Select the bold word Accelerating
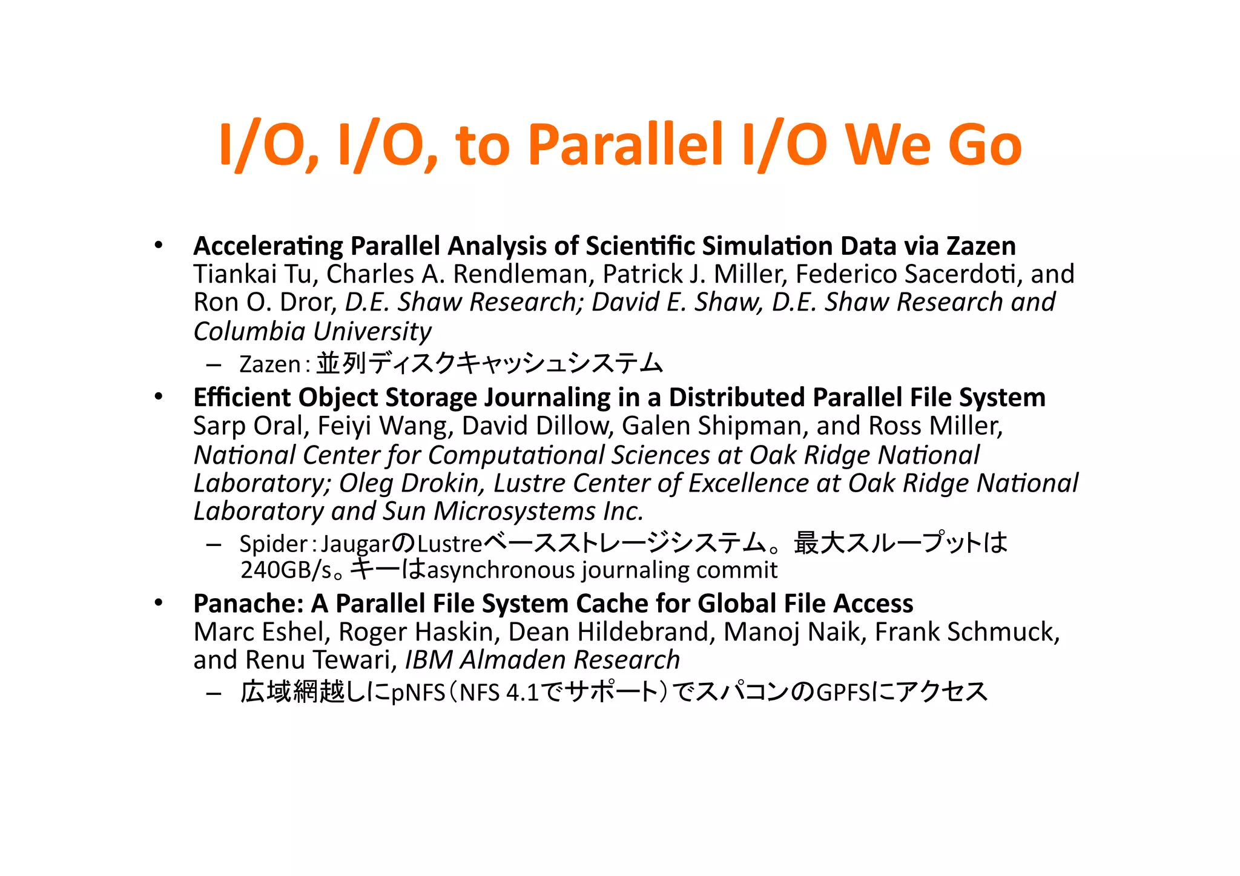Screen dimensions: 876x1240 click(x=268, y=246)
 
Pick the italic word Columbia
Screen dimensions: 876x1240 click(x=249, y=331)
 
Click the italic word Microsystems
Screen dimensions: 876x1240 click(x=515, y=512)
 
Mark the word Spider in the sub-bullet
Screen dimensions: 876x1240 click(x=273, y=544)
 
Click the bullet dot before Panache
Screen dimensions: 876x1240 click(x=159, y=603)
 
